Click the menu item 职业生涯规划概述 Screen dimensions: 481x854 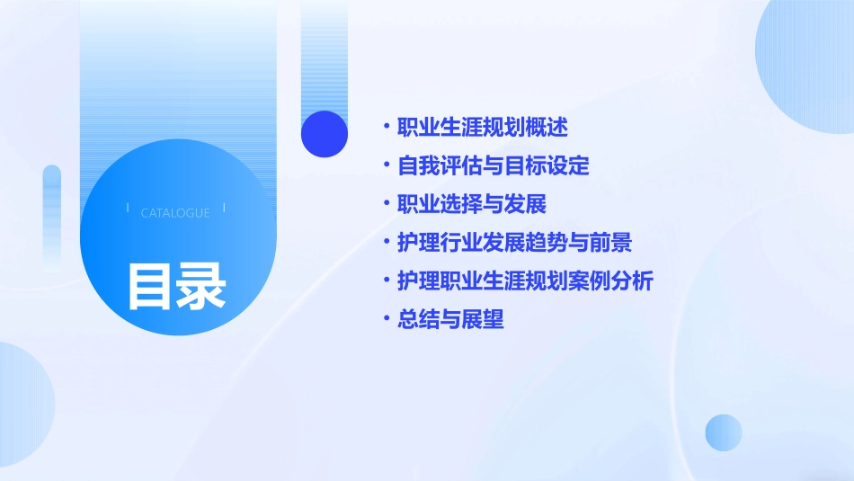483,127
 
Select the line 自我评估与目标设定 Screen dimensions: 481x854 494,165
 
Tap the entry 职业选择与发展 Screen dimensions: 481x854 472,204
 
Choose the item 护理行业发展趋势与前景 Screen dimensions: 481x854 515,243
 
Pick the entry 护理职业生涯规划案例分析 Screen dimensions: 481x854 525,281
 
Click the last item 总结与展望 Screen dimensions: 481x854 450,319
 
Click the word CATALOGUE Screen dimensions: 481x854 175,213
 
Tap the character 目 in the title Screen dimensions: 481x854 150,286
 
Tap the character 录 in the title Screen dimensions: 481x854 201,286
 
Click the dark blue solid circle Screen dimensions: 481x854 325,134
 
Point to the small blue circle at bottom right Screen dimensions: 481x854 724,432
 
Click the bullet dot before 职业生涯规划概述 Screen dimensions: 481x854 386,127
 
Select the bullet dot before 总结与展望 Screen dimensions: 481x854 386,319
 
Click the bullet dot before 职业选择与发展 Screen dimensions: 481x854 386,204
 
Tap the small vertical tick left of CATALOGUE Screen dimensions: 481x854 128,208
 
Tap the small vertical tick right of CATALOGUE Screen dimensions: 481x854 224,208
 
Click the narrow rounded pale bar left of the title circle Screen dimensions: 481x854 51,216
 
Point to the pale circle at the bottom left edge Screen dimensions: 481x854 22,405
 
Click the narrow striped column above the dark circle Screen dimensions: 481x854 325,54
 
